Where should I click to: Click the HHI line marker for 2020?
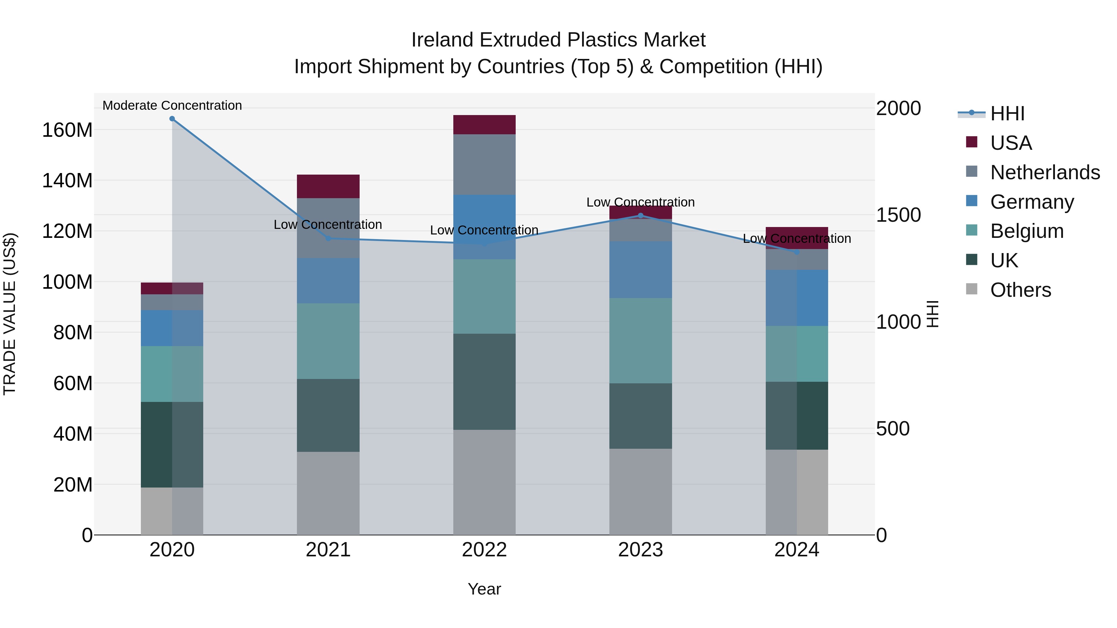click(172, 119)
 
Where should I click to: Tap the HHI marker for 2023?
click(640, 216)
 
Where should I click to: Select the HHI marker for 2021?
click(328, 238)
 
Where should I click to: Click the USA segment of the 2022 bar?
click(484, 125)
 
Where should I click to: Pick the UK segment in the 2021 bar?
click(328, 415)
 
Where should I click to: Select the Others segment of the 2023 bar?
click(640, 492)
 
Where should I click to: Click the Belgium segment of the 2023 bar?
click(640, 341)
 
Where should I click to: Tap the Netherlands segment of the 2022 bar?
click(484, 164)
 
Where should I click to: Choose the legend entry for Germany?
click(1032, 202)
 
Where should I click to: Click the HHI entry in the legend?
click(1007, 114)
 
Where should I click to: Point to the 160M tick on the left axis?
click(67, 130)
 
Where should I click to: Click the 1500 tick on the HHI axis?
click(898, 215)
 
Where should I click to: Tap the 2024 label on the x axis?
click(796, 550)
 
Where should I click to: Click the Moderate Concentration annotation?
click(172, 105)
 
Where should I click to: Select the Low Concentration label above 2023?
click(640, 203)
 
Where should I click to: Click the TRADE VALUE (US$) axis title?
click(10, 314)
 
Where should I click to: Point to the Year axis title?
click(484, 589)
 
